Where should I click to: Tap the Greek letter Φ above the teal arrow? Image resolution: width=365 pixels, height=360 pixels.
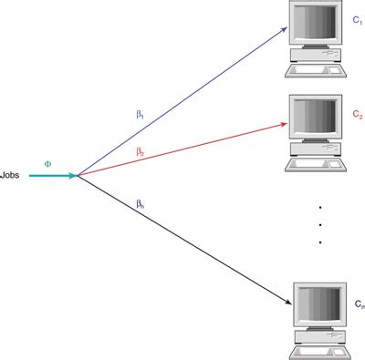48,163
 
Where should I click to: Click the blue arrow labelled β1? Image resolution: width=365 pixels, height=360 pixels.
182,100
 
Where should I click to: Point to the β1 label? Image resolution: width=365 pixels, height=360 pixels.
140,116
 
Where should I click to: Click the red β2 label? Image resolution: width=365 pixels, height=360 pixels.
140,151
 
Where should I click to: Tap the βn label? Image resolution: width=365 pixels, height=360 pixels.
140,204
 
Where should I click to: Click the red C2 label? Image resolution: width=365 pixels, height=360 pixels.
358,117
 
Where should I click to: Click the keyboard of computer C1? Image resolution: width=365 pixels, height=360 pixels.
316,69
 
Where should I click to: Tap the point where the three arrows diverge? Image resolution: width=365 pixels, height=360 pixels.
78,175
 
